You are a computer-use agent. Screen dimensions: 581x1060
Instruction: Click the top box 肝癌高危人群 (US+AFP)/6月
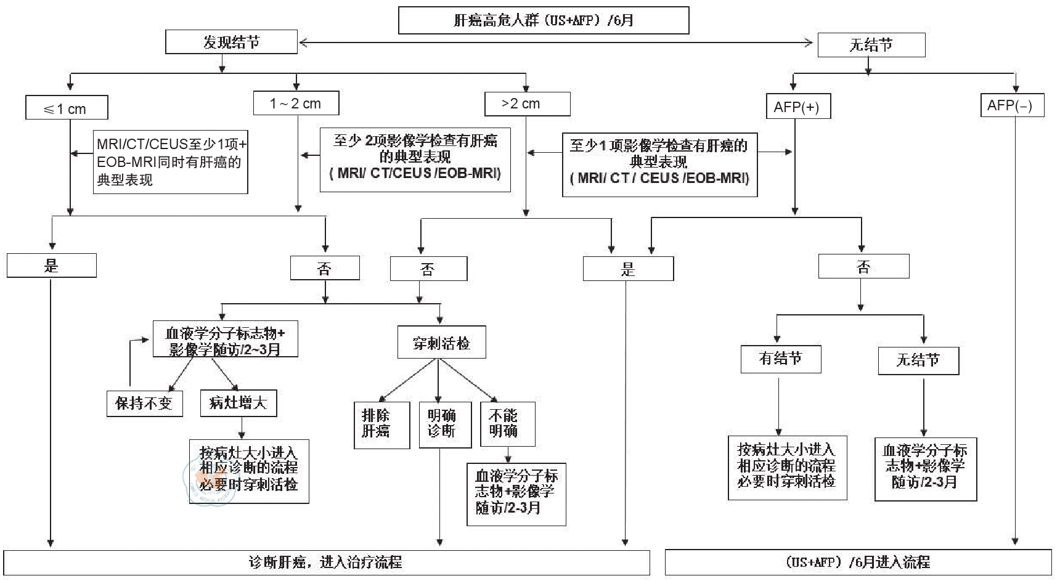[x=543, y=20]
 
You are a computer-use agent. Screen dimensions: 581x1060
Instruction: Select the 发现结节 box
[x=232, y=43]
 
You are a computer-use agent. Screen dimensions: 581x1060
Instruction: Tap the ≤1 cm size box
[x=67, y=108]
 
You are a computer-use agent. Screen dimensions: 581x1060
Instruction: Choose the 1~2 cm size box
[x=296, y=104]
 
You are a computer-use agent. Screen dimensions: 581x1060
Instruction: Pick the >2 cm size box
[x=527, y=104]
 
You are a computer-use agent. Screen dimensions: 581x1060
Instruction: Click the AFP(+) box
[x=797, y=107]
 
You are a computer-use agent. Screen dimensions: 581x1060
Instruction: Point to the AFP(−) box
[x=1011, y=105]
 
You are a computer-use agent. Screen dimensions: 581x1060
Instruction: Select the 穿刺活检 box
[x=441, y=343]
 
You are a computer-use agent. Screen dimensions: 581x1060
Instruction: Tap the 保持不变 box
[x=145, y=404]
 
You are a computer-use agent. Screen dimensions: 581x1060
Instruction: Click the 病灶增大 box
[x=238, y=403]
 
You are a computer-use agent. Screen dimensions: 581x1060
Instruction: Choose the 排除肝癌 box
[x=381, y=425]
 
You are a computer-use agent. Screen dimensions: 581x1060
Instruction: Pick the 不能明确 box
[x=507, y=425]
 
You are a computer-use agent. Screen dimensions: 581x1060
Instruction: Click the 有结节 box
[x=781, y=359]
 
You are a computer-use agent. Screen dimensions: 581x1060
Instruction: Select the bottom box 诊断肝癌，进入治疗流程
[x=326, y=563]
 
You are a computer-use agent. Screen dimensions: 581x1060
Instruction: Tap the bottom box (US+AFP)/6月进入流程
[x=858, y=563]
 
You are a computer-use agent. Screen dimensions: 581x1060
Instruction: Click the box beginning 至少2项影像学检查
[x=415, y=160]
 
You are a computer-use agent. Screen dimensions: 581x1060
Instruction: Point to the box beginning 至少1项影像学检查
[x=659, y=165]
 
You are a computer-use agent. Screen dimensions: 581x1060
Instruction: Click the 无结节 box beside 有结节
[x=918, y=360]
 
